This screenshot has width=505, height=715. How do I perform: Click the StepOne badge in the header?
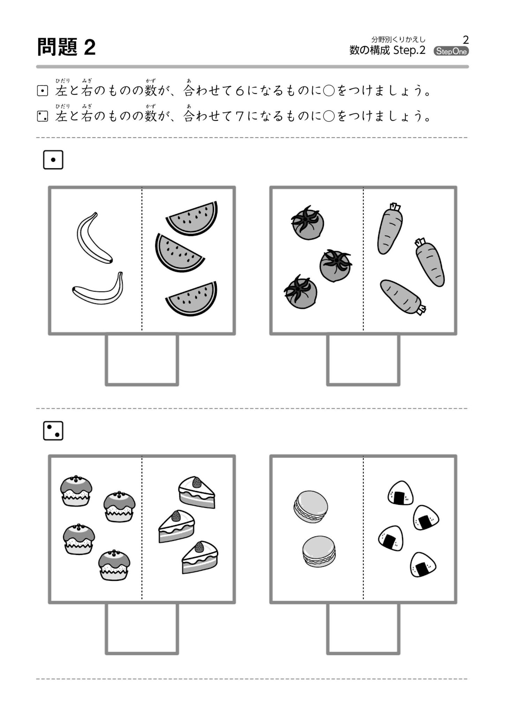coord(451,51)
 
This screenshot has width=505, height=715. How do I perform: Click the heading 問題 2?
coord(66,47)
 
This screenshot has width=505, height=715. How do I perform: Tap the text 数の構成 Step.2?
coord(387,51)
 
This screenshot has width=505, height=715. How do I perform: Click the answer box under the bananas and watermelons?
coord(142,360)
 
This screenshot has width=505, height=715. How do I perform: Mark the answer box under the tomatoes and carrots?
coord(363,360)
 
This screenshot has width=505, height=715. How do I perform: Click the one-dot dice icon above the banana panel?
coord(53,160)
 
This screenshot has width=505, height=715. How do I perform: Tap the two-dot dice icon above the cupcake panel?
coord(53,430)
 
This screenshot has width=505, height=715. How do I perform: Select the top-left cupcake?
coord(76,491)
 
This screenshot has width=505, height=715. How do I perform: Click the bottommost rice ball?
coord(422,565)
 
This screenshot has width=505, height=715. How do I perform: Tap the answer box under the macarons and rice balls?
coord(363,629)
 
